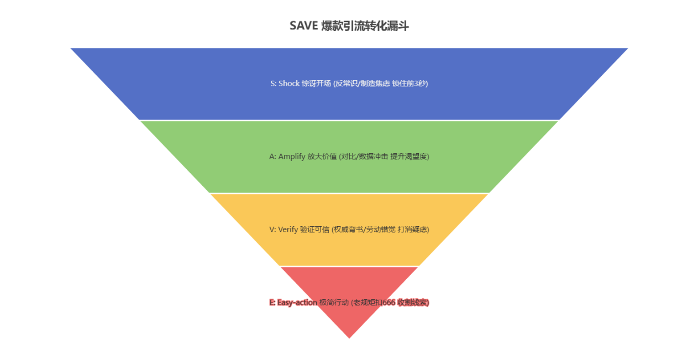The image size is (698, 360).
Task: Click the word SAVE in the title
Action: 303,25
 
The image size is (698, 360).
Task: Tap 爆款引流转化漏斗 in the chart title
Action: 365,25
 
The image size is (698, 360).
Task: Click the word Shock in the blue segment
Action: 288,84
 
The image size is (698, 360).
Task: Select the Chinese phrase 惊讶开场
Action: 316,84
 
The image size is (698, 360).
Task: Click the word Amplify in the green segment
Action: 291,156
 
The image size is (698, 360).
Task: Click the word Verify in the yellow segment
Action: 288,229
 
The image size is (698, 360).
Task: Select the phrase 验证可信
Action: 314,229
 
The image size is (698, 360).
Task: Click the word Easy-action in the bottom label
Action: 297,302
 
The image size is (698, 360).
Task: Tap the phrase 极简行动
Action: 334,302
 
